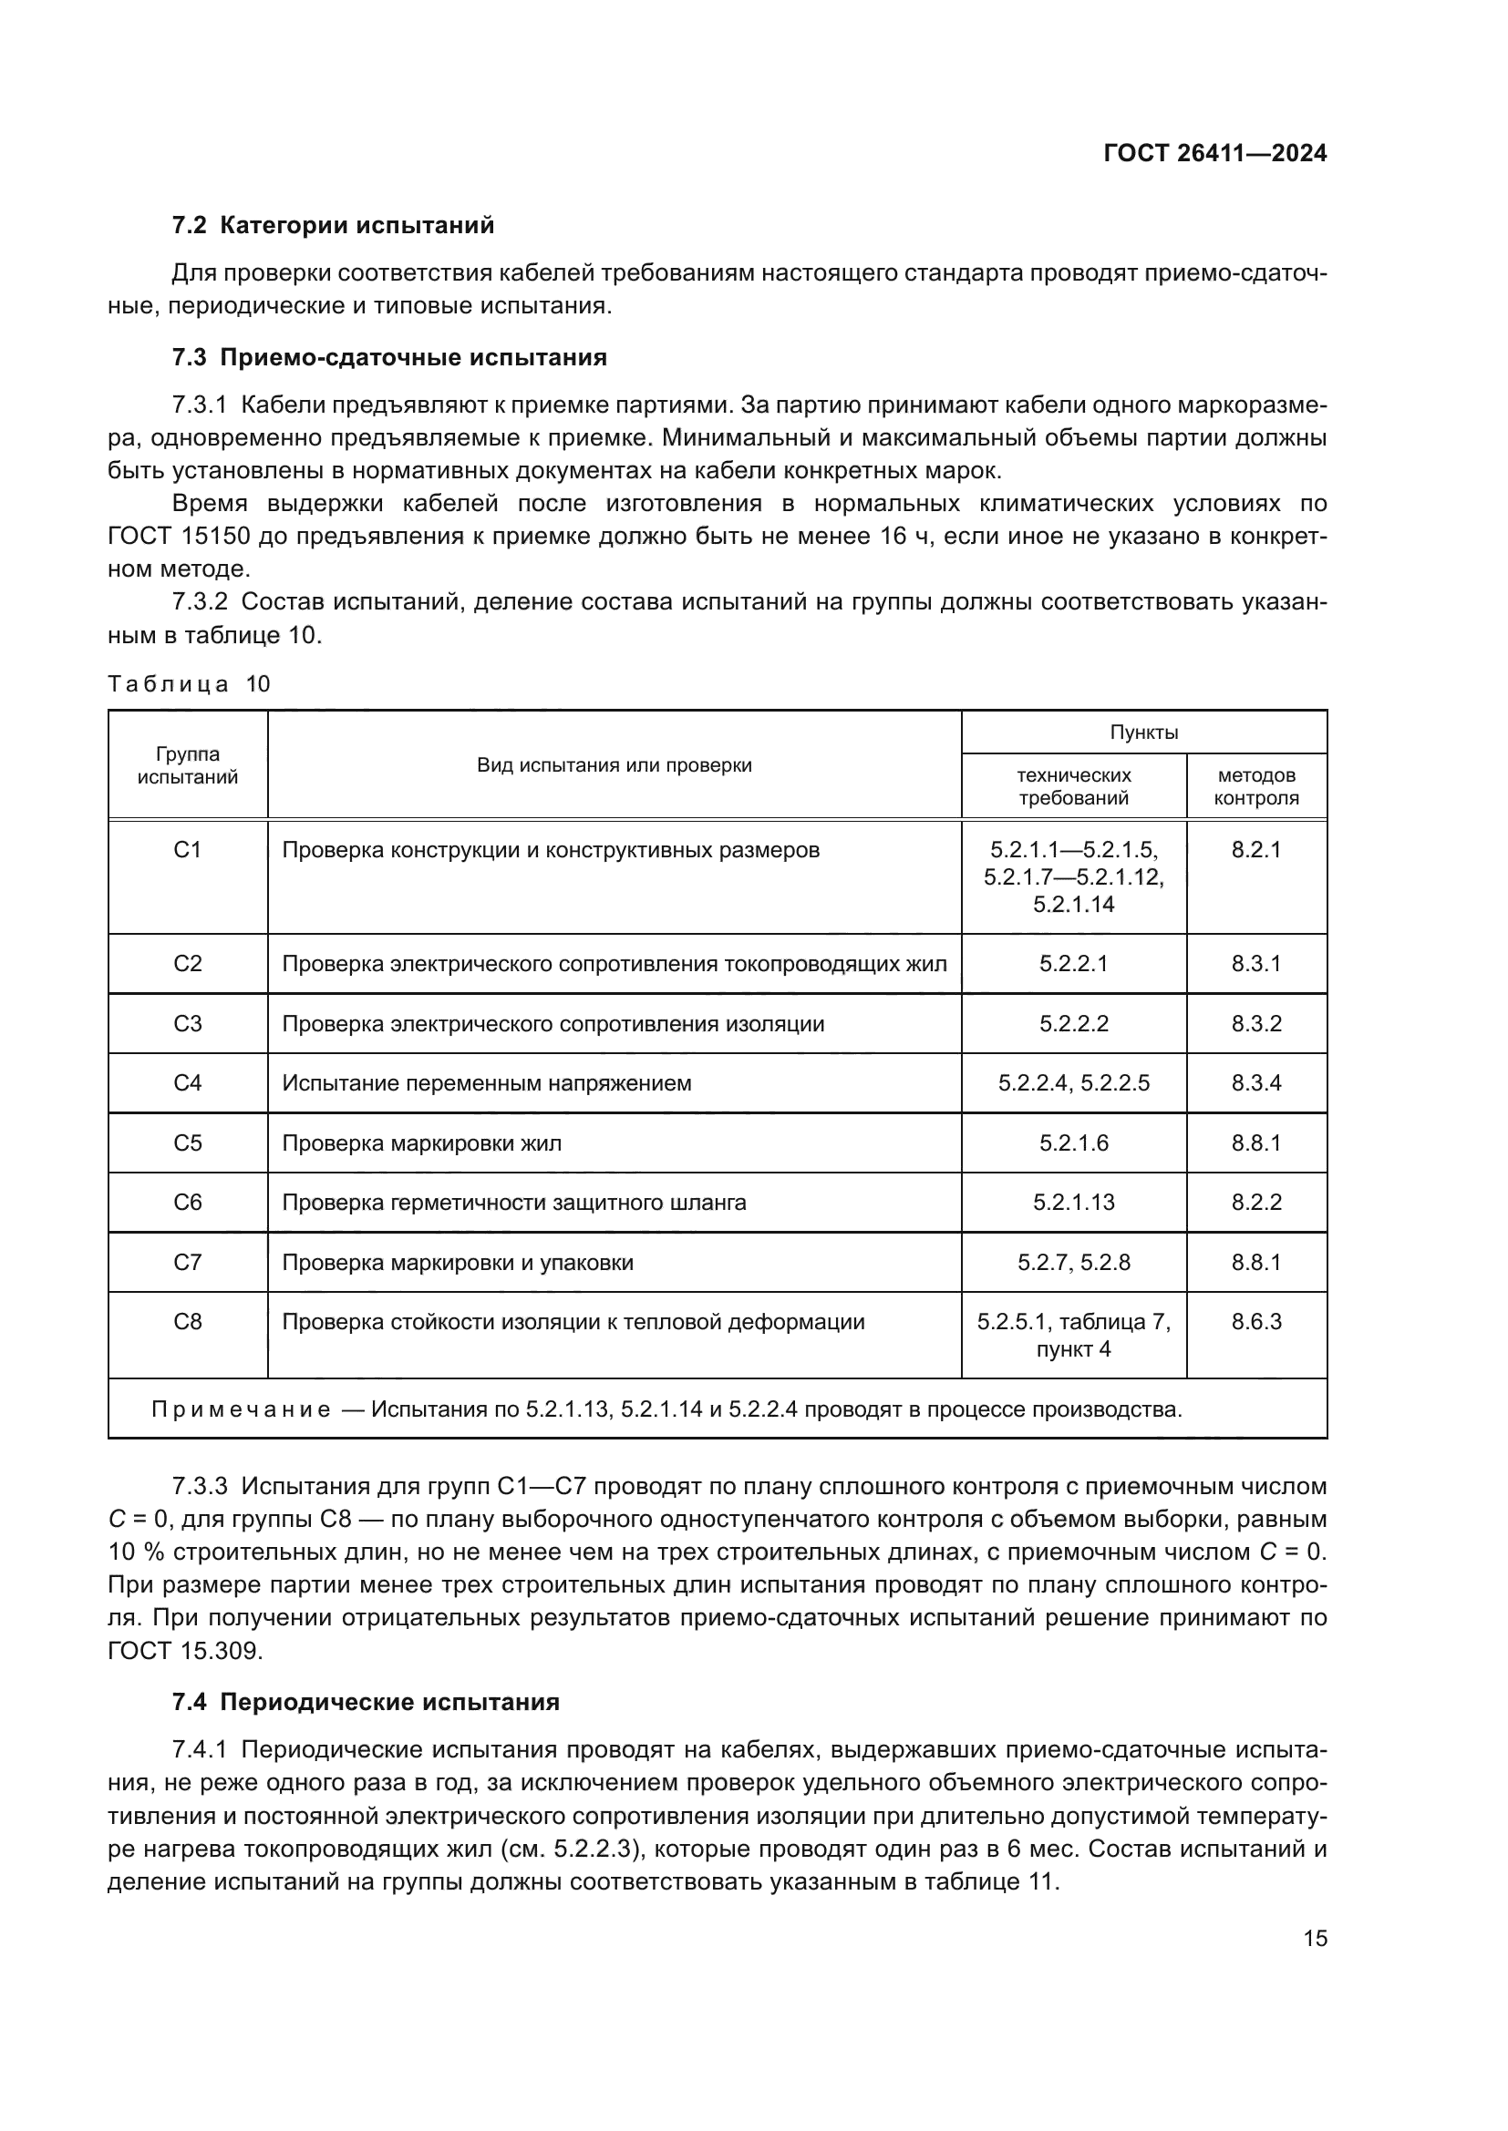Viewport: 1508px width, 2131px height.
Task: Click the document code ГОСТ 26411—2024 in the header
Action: click(1214, 154)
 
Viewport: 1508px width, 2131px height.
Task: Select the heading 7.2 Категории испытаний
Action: click(334, 226)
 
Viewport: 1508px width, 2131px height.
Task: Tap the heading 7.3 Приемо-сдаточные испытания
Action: click(389, 357)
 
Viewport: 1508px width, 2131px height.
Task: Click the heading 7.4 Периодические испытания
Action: click(366, 1701)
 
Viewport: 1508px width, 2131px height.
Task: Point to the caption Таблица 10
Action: click(189, 684)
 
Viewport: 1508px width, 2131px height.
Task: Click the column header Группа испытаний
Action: click(188, 764)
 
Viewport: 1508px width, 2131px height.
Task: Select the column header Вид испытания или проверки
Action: click(614, 764)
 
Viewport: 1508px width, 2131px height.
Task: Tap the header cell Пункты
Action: click(1143, 733)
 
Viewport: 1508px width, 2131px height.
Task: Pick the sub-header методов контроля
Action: click(1255, 786)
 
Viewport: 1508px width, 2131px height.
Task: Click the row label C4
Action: click(188, 1083)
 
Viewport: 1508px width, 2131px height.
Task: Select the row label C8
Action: click(188, 1322)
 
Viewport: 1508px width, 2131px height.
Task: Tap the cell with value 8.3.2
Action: click(1255, 1024)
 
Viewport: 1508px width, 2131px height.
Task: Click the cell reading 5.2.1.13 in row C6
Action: click(1073, 1202)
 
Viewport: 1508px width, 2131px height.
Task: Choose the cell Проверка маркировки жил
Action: click(421, 1142)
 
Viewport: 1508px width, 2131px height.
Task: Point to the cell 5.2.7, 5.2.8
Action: click(1073, 1262)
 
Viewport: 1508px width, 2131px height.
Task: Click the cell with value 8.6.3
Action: click(1255, 1322)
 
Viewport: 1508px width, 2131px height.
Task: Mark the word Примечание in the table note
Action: click(241, 1409)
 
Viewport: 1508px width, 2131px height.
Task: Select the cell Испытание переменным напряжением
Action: click(487, 1083)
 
